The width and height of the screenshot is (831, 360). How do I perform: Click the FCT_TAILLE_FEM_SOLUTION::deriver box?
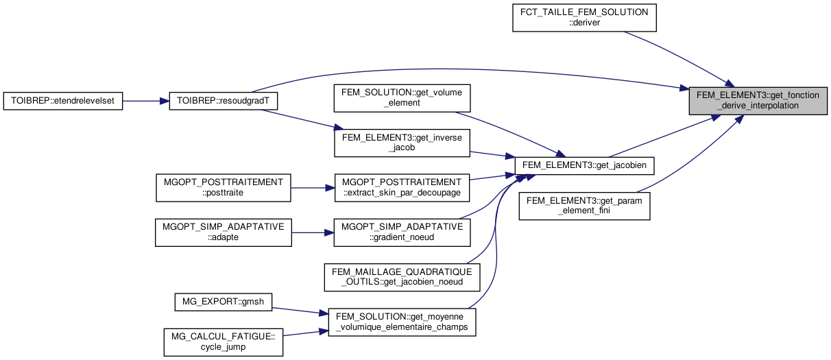[x=585, y=18]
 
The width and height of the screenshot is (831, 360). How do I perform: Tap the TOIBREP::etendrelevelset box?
[x=64, y=101]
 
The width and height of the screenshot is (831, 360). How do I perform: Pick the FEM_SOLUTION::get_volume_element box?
[x=401, y=98]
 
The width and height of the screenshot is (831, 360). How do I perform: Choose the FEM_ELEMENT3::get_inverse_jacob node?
[x=401, y=143]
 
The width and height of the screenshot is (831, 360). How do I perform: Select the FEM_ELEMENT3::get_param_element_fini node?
[x=584, y=206]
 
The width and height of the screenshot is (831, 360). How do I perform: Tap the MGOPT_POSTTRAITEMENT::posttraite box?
[x=224, y=188]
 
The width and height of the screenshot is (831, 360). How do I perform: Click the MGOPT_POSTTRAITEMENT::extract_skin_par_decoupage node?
[x=401, y=188]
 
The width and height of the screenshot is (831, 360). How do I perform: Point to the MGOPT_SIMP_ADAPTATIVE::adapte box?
[x=224, y=232]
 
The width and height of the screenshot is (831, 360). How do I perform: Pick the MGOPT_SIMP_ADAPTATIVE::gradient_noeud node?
[x=401, y=232]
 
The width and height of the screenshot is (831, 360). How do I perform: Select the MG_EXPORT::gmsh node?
[x=224, y=301]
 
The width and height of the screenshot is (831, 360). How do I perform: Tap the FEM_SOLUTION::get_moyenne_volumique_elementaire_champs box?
[x=401, y=322]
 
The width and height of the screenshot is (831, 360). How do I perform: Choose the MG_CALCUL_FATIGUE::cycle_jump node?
[x=224, y=341]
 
